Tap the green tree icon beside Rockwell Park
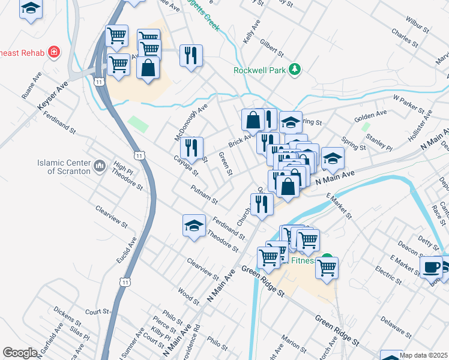(x=294, y=70)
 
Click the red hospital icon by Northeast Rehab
(x=54, y=52)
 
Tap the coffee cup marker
(x=431, y=267)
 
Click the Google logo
(x=20, y=353)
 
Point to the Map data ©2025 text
(x=423, y=355)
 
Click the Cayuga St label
(x=185, y=165)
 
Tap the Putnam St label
(x=203, y=194)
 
